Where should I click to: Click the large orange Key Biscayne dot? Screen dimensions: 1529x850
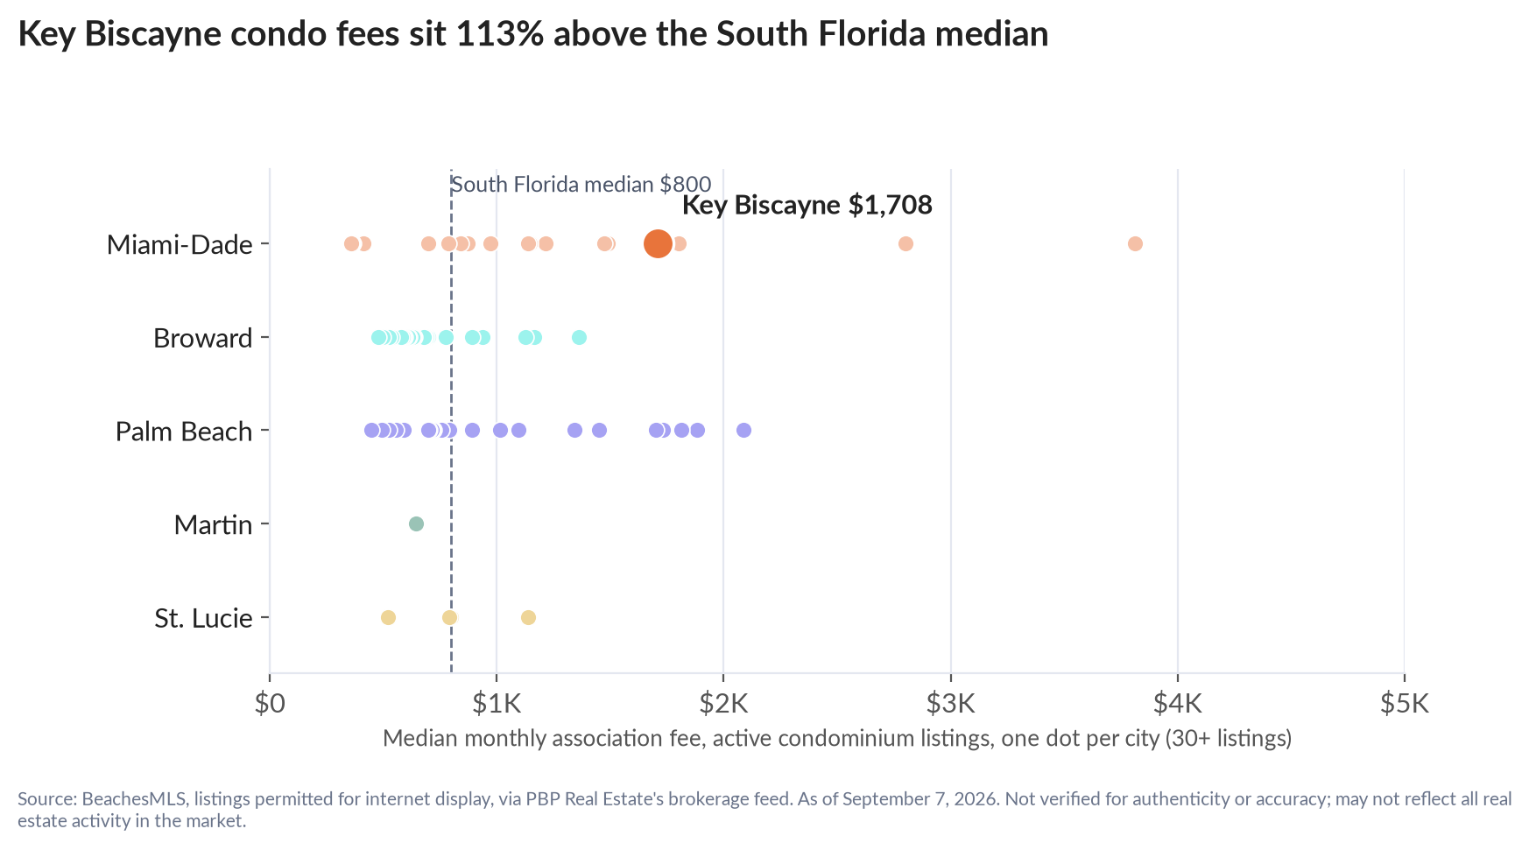pos(658,243)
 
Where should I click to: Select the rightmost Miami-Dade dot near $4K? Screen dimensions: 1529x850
pos(1135,243)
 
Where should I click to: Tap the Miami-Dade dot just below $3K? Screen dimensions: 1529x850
pos(905,243)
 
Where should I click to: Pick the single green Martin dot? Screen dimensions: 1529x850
pos(416,523)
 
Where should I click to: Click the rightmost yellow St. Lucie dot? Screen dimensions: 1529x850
pos(528,617)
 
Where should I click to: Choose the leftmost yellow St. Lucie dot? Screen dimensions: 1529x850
pos(388,617)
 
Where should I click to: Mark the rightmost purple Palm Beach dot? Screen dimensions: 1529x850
pos(743,430)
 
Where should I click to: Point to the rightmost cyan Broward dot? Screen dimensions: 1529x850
pos(579,337)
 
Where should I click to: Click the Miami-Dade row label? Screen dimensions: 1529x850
pos(180,244)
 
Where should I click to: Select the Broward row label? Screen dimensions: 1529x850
pos(203,338)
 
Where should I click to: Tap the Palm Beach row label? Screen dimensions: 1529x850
pos(184,432)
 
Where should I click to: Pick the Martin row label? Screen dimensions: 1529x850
pos(214,525)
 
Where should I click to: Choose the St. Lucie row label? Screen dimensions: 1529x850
pos(204,619)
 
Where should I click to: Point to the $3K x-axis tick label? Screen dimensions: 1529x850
pos(951,704)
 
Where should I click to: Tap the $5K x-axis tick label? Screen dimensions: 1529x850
pos(1405,704)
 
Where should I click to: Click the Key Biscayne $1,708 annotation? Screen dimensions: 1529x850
pos(807,205)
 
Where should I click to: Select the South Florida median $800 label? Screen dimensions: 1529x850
pos(581,185)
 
